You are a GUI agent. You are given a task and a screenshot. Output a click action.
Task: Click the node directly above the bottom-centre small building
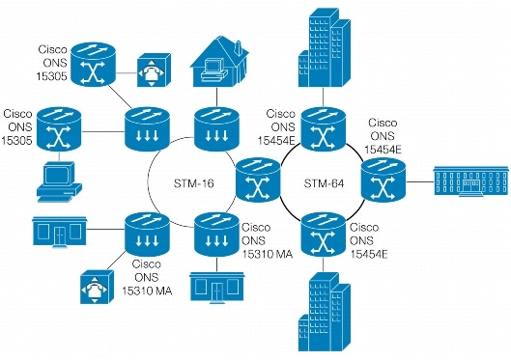point(214,233)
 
